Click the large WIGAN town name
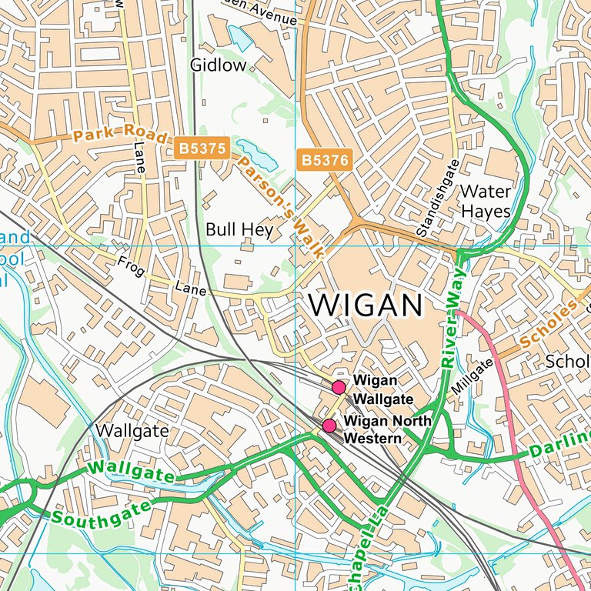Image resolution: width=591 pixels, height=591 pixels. (366, 306)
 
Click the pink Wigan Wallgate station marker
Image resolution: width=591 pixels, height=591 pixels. (338, 387)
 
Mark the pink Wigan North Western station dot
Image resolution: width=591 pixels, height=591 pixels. (329, 426)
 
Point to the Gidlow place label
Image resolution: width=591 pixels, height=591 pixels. (218, 65)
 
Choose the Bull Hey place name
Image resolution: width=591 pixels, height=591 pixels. (239, 229)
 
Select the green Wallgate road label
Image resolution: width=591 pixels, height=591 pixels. (131, 471)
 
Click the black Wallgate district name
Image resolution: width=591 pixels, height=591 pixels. (132, 430)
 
